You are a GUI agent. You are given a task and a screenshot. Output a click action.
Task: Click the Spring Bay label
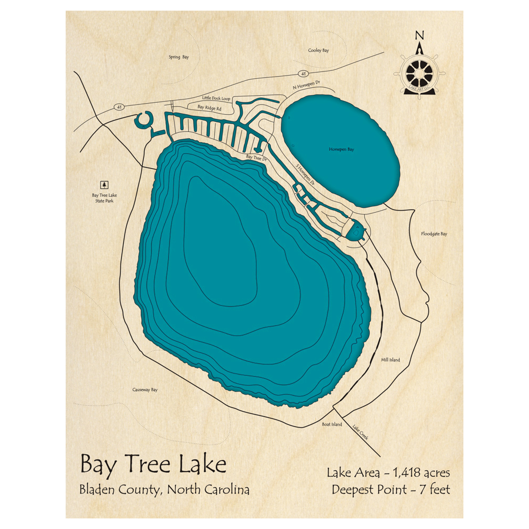pos(178,57)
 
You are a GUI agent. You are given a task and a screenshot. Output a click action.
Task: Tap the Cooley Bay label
pos(318,50)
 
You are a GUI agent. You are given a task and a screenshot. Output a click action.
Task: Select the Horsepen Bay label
pos(341,150)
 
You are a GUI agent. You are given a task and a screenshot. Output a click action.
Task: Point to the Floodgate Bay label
pos(434,233)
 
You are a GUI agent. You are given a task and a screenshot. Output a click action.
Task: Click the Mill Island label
pos(390,360)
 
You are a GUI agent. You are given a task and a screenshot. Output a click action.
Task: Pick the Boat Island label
pos(332,424)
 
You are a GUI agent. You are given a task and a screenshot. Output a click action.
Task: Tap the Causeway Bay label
pos(145,390)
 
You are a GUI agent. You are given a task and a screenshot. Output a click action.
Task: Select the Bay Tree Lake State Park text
pos(104,198)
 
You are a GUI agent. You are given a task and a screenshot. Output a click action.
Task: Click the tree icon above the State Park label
pos(104,185)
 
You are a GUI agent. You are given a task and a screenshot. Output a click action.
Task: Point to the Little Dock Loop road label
pos(216,98)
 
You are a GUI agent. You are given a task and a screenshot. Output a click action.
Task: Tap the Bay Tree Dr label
pos(257,158)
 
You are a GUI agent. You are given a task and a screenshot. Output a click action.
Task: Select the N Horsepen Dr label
pos(307,84)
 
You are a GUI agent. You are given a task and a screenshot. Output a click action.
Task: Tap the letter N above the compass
pos(419,35)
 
